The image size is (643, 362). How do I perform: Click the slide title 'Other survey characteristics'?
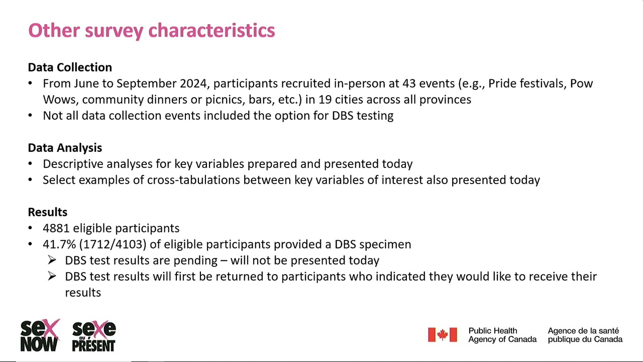pos(152,31)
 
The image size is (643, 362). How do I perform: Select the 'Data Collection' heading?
pos(70,67)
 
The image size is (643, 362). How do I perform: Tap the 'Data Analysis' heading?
pos(65,148)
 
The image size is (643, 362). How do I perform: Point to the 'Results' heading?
pos(48,212)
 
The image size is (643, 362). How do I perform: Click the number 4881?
pos(56,228)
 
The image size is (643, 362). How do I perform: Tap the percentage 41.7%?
pos(59,244)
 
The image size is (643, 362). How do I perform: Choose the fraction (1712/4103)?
pos(113,244)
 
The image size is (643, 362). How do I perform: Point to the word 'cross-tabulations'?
pos(193,180)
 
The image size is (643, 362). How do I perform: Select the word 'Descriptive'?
pos(73,164)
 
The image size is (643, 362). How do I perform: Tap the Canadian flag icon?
pos(443,335)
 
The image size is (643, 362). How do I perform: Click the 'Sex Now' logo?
pos(40,335)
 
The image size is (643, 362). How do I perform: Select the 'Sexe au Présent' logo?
pos(94,336)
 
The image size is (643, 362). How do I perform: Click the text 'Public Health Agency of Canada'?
pos(502,335)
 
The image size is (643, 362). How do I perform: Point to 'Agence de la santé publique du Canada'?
pos(585,335)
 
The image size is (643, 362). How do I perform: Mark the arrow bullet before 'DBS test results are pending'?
pos(52,260)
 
